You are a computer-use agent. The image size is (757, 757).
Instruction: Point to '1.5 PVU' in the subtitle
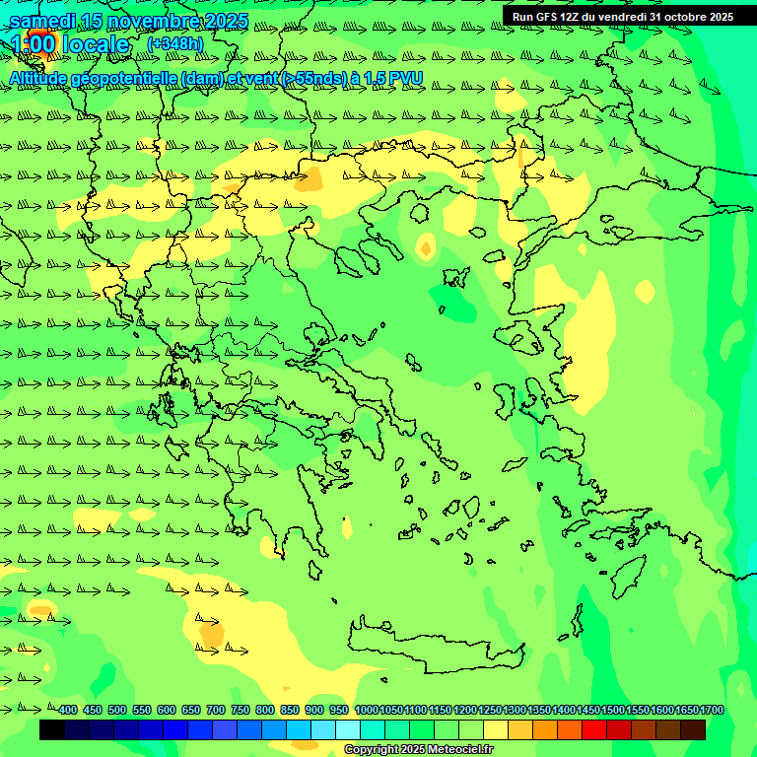coord(393,78)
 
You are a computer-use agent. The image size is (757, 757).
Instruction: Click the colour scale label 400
coord(67,710)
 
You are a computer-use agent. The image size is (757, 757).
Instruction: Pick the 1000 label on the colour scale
coord(366,710)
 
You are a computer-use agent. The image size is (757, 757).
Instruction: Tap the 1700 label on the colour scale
coord(712,710)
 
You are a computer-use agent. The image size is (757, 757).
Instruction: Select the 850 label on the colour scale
coord(290,710)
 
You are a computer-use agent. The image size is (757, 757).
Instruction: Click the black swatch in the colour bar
coord(52,729)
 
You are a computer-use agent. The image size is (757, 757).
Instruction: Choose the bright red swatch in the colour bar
coord(594,729)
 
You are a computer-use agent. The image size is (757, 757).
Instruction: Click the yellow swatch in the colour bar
coord(496,729)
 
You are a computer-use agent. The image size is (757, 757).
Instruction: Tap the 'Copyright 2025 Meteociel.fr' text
coord(418,749)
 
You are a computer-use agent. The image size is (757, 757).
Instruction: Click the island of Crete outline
coord(434,641)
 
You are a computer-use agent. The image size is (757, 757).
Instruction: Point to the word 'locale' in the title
coord(96,44)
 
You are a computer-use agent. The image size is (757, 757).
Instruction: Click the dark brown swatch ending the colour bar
coord(693,729)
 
